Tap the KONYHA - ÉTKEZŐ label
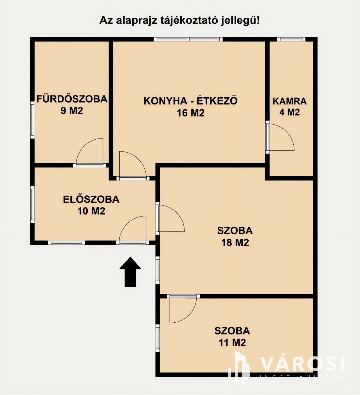click(191, 101)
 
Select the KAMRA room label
click(290, 101)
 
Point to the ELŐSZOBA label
click(91, 199)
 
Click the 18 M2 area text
click(235, 243)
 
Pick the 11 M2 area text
click(232, 343)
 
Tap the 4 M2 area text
click(290, 112)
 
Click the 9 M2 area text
click(72, 111)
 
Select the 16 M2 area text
click(191, 113)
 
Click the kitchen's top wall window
click(188, 39)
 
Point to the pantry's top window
click(292, 39)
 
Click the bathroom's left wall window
click(32, 120)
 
